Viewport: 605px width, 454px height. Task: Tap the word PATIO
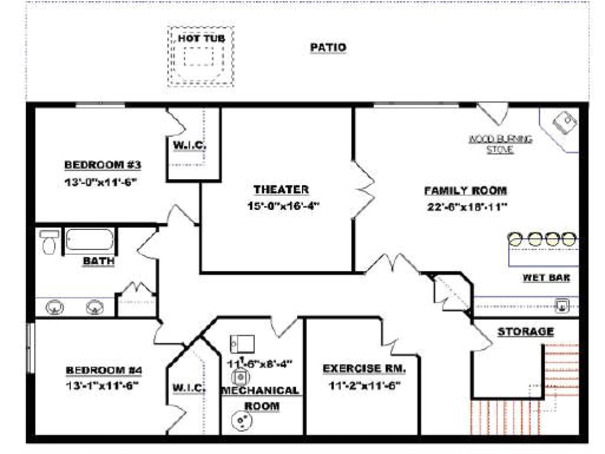click(x=328, y=47)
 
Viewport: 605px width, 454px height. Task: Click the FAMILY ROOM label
click(x=465, y=190)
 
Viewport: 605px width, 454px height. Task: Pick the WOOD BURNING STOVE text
click(x=500, y=144)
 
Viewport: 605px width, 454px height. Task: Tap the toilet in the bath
click(x=48, y=242)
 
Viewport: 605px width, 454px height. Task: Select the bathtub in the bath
click(x=89, y=239)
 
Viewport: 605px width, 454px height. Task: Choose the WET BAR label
click(x=546, y=277)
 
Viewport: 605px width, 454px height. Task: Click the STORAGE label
click(x=525, y=332)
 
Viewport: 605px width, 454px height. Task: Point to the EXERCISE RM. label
click(x=364, y=369)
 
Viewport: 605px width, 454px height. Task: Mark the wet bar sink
click(x=563, y=306)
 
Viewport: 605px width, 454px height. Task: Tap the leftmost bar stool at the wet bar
click(x=515, y=239)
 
